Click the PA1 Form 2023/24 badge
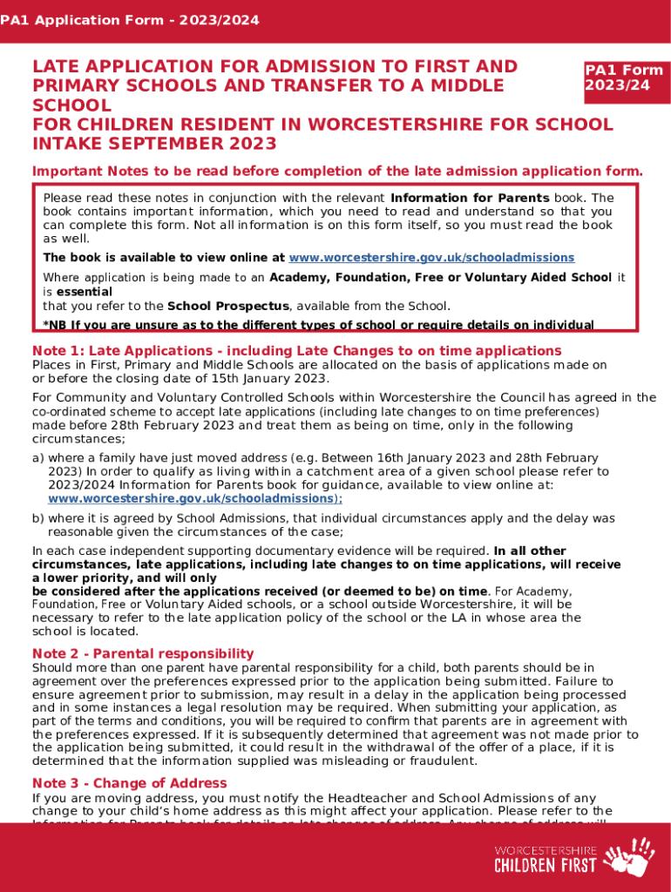623,78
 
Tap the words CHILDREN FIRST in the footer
546,865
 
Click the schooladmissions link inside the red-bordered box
431,258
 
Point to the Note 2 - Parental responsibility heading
143,653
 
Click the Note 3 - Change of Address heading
129,783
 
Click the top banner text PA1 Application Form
130,19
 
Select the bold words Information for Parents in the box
470,198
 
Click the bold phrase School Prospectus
227,306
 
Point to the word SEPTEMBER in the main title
182,144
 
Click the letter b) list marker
38,518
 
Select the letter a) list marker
38,458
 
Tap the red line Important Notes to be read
337,170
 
